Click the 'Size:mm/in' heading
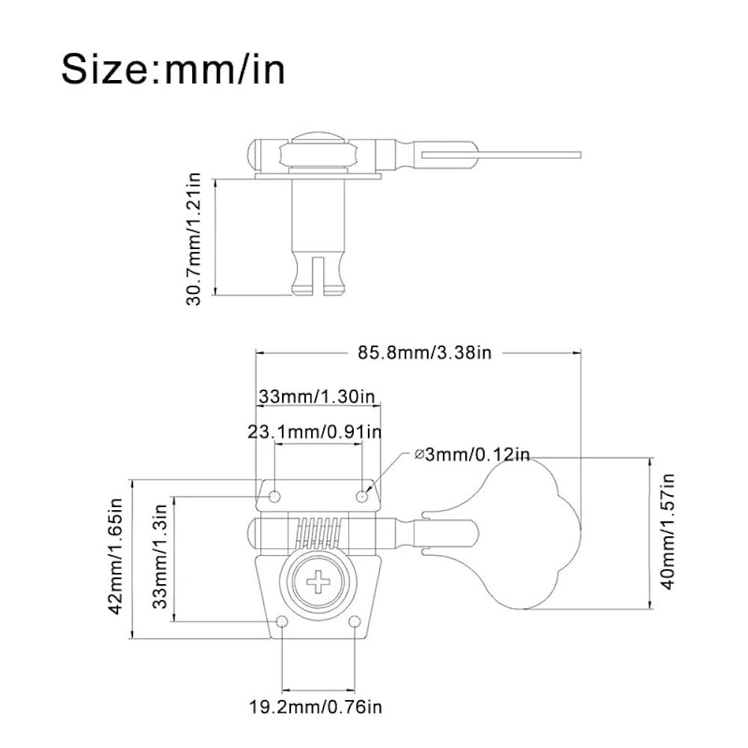click(174, 70)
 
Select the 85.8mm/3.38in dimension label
click(425, 353)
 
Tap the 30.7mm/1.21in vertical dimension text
click(194, 239)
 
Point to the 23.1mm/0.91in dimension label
click(315, 432)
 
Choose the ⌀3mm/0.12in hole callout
click(472, 455)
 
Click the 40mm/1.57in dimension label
click(668, 532)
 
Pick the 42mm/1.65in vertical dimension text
click(116, 557)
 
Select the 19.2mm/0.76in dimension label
click(316, 707)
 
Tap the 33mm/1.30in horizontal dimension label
click(316, 397)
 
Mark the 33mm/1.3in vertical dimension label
click(160, 557)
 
